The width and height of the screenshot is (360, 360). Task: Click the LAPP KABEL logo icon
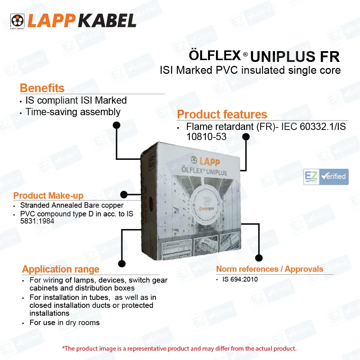click(17, 21)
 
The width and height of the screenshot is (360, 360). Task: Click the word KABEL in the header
click(107, 21)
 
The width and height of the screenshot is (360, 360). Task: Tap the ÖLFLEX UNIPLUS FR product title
click(264, 57)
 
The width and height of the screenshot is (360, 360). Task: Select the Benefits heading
click(42, 88)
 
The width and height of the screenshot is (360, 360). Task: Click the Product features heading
click(222, 114)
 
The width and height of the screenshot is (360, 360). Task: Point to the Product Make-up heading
click(48, 196)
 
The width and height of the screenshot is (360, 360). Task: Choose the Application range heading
click(60, 269)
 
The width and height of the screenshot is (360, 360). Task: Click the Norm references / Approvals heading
click(270, 269)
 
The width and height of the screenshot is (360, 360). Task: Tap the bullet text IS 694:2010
click(240, 279)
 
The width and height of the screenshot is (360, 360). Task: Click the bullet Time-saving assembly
click(73, 112)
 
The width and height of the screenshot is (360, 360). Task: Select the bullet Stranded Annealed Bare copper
click(72, 206)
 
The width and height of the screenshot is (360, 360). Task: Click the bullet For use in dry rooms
click(64, 323)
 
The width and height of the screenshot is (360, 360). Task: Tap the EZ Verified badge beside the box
click(326, 177)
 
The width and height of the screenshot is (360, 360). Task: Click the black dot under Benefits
click(116, 125)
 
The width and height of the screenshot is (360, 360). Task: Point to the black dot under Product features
click(246, 137)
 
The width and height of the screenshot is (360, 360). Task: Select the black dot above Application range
click(122, 264)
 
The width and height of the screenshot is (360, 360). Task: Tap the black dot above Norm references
click(258, 258)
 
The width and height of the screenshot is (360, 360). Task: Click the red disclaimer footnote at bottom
click(179, 348)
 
